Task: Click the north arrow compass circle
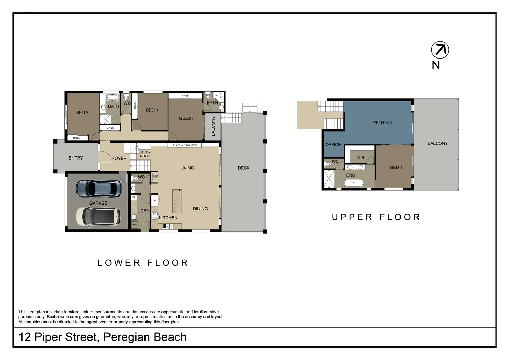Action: (x=440, y=42)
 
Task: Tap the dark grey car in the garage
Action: (x=99, y=188)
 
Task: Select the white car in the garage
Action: (x=98, y=216)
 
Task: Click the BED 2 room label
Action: (x=82, y=112)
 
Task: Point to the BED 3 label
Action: (x=152, y=110)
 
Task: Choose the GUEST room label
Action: (x=186, y=118)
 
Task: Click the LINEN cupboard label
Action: (x=110, y=128)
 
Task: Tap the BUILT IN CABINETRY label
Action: (x=185, y=145)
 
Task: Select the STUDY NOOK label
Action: (x=145, y=154)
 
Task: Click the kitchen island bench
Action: (x=177, y=201)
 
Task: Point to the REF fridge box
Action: (x=155, y=177)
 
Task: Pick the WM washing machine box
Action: (x=134, y=225)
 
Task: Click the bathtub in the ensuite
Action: (x=354, y=183)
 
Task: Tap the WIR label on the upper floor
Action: (x=360, y=157)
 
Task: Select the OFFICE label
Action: (x=333, y=145)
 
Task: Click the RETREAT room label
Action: (x=382, y=123)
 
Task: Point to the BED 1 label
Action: (x=396, y=168)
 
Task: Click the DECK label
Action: (x=244, y=168)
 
